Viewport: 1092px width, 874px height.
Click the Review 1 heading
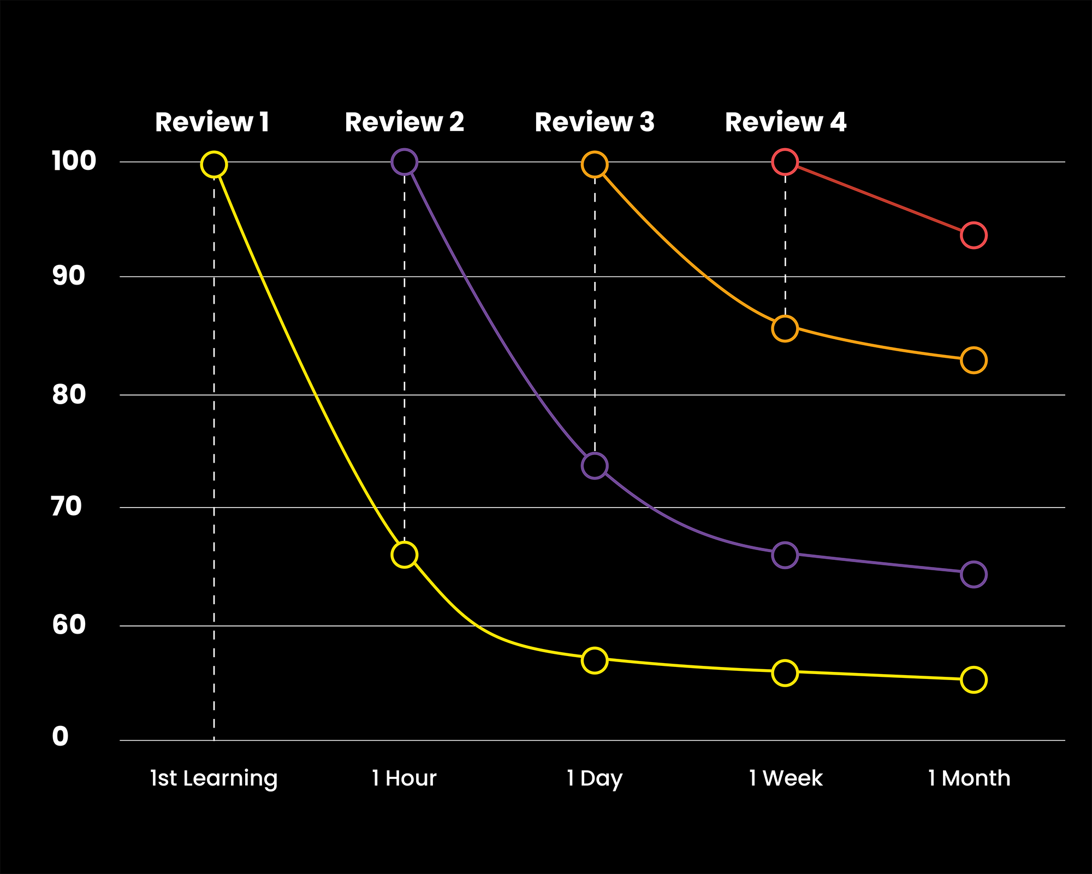click(212, 122)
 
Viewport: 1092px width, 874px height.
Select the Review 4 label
click(785, 122)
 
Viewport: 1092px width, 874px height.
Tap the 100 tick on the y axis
click(73, 161)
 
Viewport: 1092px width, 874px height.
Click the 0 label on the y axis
click(60, 737)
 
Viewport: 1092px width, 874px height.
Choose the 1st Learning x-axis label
click(213, 778)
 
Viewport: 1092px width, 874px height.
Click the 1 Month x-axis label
click(969, 778)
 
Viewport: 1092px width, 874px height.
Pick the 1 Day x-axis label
click(594, 778)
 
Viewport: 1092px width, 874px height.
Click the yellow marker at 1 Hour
click(404, 555)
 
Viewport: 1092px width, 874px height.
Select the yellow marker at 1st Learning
click(214, 164)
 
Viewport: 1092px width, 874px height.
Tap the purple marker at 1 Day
click(595, 465)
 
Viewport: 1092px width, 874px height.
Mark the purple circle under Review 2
click(404, 162)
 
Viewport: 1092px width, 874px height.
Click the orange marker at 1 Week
click(785, 329)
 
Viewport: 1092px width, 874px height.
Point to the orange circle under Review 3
click(595, 164)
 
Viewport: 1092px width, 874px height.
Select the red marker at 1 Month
click(974, 235)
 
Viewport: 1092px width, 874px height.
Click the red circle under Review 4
click(785, 162)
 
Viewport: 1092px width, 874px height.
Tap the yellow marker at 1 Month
click(974, 680)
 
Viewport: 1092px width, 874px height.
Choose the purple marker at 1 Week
click(785, 555)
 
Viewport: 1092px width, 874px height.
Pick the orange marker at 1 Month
click(974, 361)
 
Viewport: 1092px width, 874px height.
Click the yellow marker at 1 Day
click(595, 660)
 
